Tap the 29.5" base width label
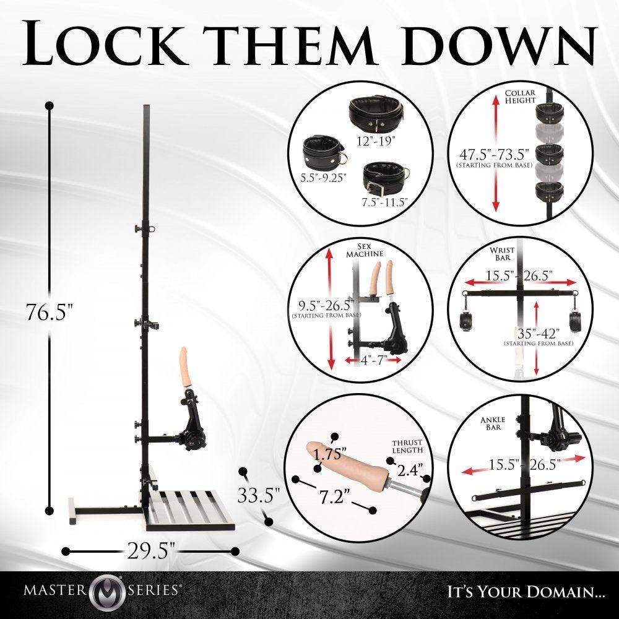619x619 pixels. [151, 550]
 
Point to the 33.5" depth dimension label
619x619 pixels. [259, 495]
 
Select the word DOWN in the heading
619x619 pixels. [498, 43]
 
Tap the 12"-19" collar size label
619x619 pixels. [376, 141]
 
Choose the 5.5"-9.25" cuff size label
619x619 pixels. [323, 178]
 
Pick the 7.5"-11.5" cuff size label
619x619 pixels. [384, 202]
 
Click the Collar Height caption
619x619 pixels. [520, 97]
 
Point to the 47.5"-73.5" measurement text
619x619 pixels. [494, 154]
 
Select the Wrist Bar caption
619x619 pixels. [502, 253]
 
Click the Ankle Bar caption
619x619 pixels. [493, 423]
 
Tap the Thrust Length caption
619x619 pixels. [407, 446]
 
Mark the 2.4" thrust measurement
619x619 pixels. [410, 470]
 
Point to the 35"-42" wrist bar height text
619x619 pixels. [539, 334]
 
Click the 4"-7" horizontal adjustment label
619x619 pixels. [372, 360]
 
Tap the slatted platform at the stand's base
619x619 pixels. [189, 509]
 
